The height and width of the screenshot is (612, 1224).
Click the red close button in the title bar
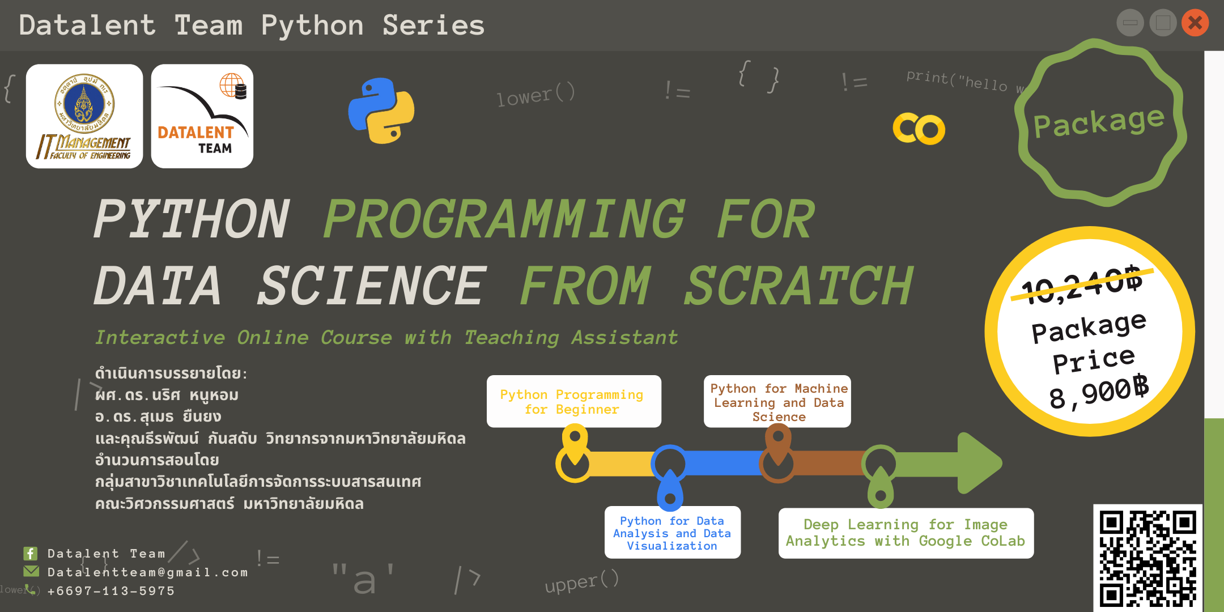(x=1195, y=23)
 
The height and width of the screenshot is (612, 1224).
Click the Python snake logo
(x=381, y=111)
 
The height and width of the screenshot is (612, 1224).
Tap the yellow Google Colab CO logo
(x=919, y=129)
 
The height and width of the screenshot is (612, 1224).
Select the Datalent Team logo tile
(x=202, y=116)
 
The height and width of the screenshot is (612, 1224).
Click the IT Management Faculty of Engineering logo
(x=84, y=116)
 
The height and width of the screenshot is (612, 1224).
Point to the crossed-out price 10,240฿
(x=1081, y=284)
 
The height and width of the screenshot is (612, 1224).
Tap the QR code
(x=1147, y=558)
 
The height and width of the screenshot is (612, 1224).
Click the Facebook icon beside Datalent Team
(x=31, y=553)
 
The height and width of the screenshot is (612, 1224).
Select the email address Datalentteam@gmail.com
(x=148, y=572)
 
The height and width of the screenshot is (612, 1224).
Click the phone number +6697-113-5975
(x=111, y=591)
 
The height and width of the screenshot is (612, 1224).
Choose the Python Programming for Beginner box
(x=573, y=401)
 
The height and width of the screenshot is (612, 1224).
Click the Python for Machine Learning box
(x=777, y=402)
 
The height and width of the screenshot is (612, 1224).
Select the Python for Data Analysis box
(x=672, y=533)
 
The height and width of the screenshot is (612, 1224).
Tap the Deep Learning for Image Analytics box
(x=906, y=533)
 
